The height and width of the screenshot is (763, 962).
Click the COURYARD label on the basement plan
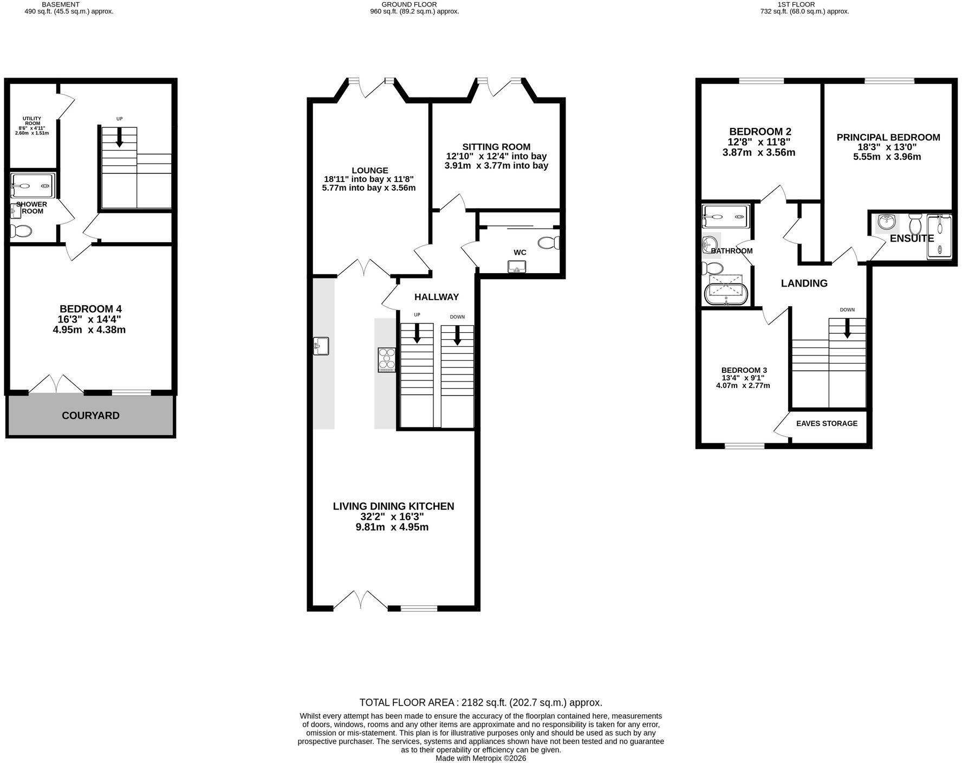coord(90,416)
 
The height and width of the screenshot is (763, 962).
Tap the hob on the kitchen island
coord(387,360)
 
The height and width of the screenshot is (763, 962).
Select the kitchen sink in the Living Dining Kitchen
coord(321,346)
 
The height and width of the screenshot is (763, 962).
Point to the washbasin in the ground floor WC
coord(517,267)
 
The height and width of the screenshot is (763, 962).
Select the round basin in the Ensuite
coord(887,222)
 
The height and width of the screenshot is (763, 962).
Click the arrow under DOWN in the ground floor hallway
coord(457,335)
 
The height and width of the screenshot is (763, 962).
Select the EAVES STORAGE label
coord(827,423)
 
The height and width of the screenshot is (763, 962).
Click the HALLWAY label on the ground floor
coord(437,297)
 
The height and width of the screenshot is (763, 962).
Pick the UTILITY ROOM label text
coord(32,121)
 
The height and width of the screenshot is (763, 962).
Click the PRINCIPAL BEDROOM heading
coord(888,137)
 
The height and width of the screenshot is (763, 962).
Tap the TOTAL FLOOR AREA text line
coord(481,703)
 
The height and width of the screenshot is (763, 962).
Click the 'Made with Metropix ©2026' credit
coord(481,758)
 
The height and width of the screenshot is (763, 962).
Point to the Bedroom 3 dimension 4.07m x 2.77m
coord(743,386)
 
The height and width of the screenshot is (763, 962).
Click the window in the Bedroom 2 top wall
coord(762,81)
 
